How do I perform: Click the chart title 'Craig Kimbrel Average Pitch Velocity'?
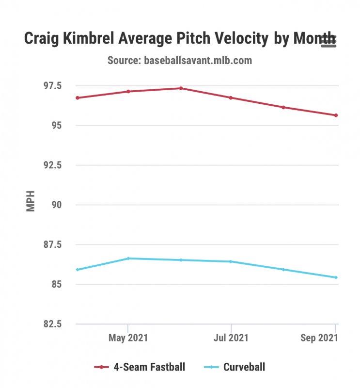[x=145, y=39]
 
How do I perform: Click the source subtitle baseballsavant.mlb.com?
[x=179, y=61]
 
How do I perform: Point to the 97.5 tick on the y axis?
[x=52, y=86]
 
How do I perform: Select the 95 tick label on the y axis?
[x=57, y=126]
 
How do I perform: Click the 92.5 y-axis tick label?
[x=52, y=165]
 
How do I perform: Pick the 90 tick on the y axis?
[x=57, y=205]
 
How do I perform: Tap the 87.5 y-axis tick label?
[x=52, y=244]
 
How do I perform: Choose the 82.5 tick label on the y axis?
[x=52, y=324]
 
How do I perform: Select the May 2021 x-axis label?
[x=128, y=338]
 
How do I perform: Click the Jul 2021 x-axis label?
[x=231, y=338]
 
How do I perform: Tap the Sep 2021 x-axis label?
[x=318, y=338]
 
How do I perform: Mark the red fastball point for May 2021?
[x=128, y=91]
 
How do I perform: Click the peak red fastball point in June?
[x=181, y=88]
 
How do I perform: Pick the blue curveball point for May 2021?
[x=128, y=259]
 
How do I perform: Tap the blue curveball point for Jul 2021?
[x=231, y=261]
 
